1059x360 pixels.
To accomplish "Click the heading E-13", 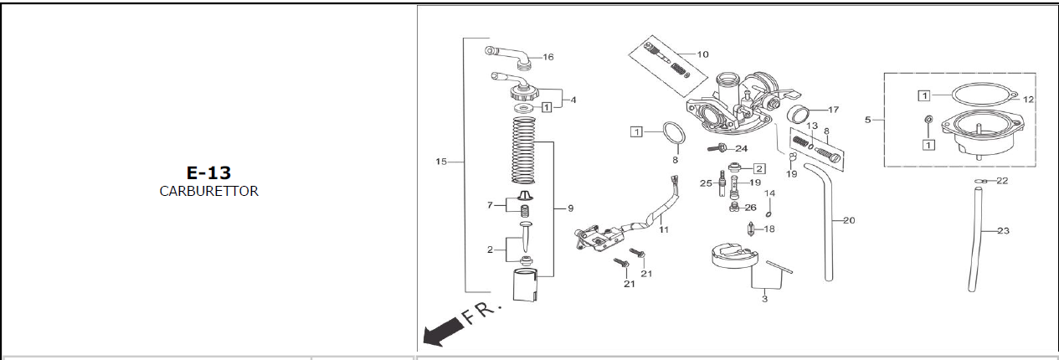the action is click(208, 172).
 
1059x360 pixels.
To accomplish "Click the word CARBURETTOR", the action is click(209, 191).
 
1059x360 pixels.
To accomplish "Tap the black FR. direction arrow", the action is click(443, 332).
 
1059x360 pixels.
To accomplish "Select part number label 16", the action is click(548, 57).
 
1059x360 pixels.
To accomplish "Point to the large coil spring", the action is click(524, 151).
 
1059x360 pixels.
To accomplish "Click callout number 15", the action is click(440, 162).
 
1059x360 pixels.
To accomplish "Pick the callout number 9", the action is click(571, 208).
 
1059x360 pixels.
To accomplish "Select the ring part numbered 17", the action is click(798, 113).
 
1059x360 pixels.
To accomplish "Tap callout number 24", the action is click(742, 148).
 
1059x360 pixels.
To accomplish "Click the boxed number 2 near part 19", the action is click(759, 168).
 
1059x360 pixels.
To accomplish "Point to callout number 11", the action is click(664, 230).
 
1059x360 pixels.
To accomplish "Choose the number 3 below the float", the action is click(764, 299).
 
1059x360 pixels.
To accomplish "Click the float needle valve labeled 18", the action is click(751, 229).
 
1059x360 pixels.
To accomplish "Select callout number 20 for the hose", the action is click(849, 220).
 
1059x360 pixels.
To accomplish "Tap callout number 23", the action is click(1003, 231).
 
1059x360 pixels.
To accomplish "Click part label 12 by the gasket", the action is click(1028, 100).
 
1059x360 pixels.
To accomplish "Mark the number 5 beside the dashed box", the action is click(867, 121).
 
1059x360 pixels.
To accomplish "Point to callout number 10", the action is click(703, 54).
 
